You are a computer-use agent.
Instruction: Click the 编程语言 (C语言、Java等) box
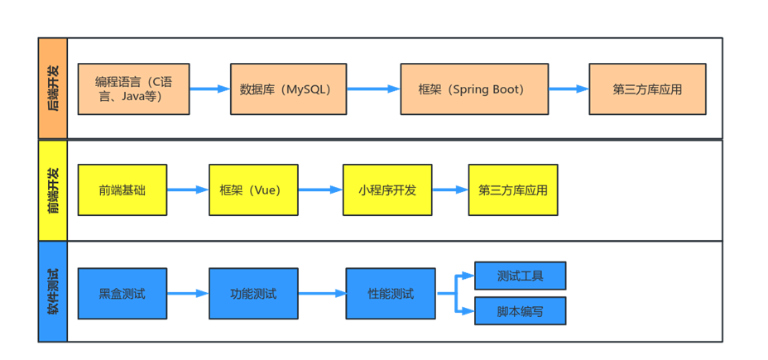tap(133, 89)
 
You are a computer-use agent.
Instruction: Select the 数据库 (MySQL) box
tap(285, 89)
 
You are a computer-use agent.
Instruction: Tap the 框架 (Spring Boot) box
tap(473, 89)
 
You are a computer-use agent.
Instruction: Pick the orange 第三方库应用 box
tap(647, 89)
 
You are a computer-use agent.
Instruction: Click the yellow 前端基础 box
tap(122, 190)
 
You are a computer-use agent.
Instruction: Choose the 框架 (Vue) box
tap(252, 190)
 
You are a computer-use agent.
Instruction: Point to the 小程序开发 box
tap(386, 190)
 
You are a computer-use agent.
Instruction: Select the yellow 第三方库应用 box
tap(513, 190)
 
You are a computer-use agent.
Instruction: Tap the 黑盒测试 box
tap(122, 293)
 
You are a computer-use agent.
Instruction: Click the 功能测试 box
tap(252, 293)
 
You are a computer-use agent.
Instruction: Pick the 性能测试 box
tap(390, 293)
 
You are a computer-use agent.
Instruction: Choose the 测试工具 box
tap(520, 275)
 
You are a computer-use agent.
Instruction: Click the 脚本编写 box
tap(520, 311)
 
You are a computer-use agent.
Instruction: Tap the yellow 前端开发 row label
tap(53, 190)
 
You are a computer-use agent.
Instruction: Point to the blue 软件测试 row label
tap(53, 291)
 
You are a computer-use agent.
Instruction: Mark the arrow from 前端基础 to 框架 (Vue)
tap(188, 190)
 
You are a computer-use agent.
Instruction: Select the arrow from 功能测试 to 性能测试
tap(322, 293)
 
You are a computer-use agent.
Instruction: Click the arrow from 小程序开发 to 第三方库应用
tap(450, 190)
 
